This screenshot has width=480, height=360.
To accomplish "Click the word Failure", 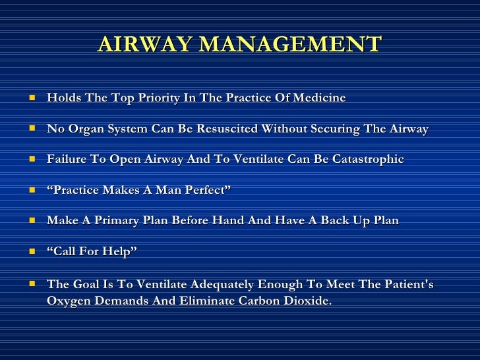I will (x=67, y=160).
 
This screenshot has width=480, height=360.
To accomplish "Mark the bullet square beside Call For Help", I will (x=32, y=251).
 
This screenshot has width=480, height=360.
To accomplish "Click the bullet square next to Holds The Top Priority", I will (x=32, y=98).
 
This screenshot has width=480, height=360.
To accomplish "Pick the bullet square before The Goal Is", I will (x=32, y=284).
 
